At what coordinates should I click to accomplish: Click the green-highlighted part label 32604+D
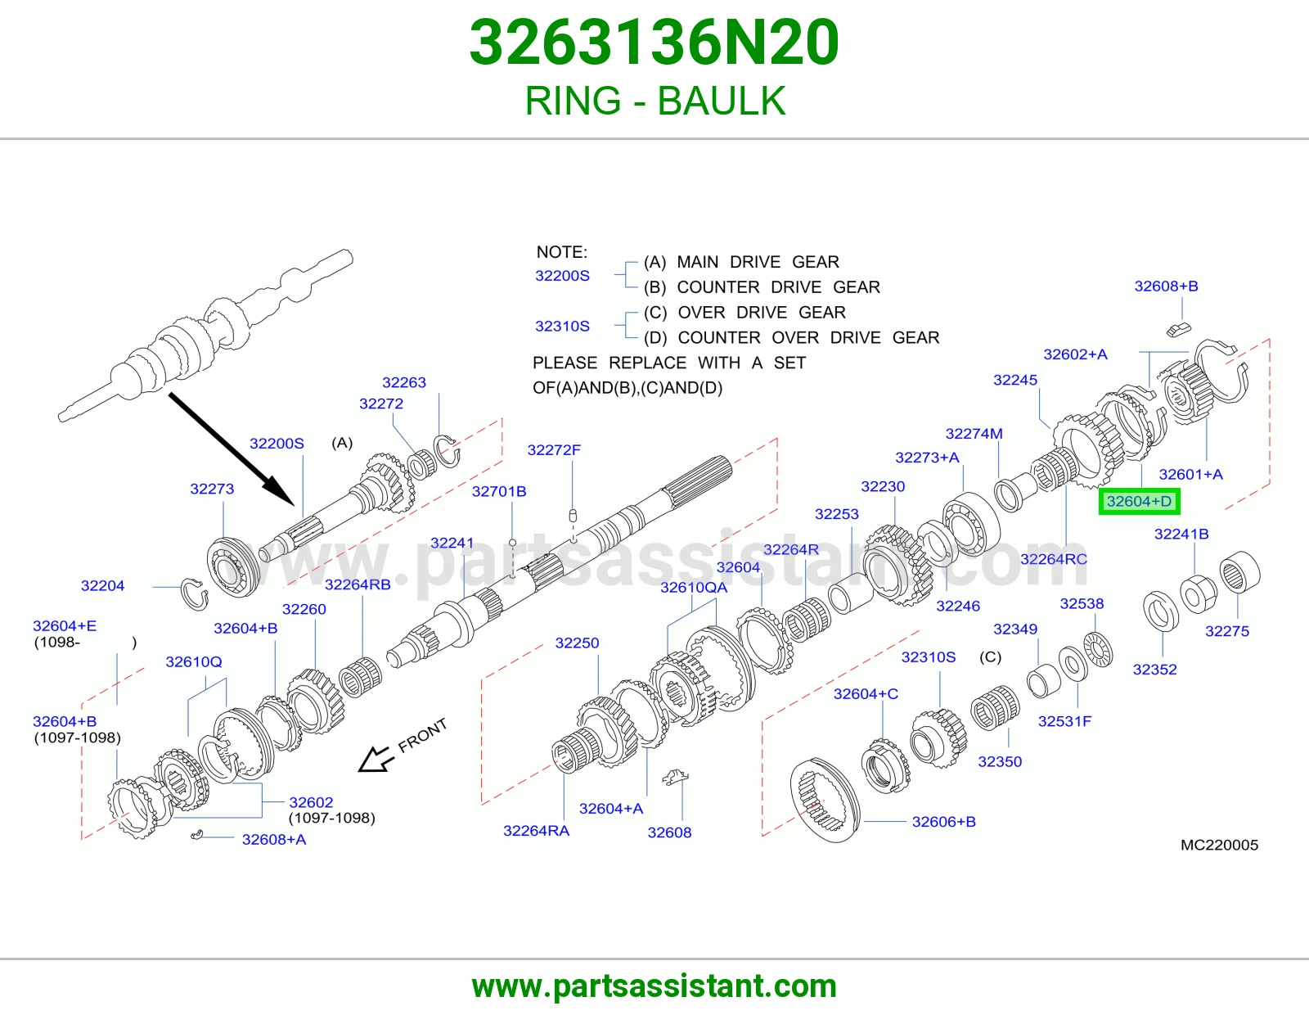click(x=1139, y=502)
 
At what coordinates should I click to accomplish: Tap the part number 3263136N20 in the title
click(x=654, y=43)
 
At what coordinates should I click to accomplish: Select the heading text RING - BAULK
click(x=654, y=101)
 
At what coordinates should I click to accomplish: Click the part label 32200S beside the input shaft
click(x=277, y=444)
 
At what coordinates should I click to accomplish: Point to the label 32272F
click(x=554, y=450)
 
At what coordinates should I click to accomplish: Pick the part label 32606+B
click(x=943, y=822)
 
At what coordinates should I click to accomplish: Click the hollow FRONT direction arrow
click(x=376, y=759)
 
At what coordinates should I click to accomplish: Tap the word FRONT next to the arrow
click(x=422, y=735)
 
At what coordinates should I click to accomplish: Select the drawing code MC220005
click(x=1219, y=845)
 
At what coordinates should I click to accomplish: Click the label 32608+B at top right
click(x=1166, y=286)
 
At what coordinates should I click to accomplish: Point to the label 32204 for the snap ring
click(x=102, y=586)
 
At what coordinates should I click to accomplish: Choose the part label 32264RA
click(x=536, y=831)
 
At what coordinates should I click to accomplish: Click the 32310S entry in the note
click(x=562, y=326)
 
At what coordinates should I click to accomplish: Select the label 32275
click(x=1227, y=631)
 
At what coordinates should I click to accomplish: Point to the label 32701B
click(x=499, y=492)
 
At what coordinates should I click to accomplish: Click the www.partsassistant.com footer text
click(x=654, y=986)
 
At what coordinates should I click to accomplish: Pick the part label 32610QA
click(x=693, y=588)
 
